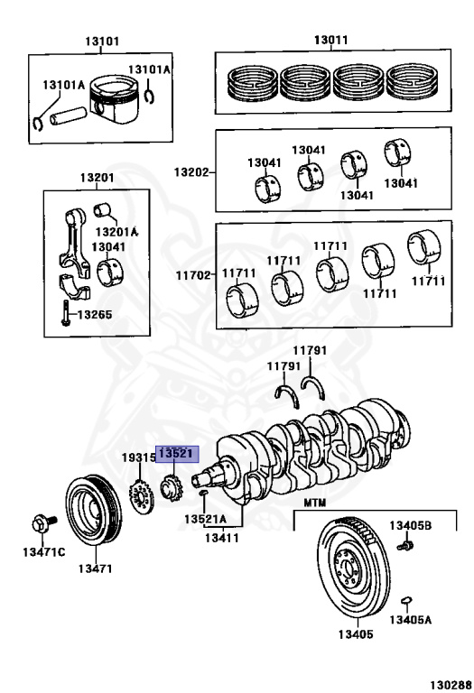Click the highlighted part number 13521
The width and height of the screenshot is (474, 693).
coord(176,454)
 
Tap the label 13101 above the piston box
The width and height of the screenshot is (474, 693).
coord(102,42)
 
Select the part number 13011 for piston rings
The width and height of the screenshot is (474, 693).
coord(331,41)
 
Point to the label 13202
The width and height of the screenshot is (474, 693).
coord(191,171)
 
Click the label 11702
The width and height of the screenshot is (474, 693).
coord(193,275)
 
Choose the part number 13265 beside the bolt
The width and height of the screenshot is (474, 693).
coord(95,315)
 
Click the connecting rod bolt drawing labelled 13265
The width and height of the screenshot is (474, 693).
coord(65,313)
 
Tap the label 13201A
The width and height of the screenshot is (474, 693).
coord(116,231)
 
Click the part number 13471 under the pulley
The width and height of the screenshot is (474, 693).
coord(95,568)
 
